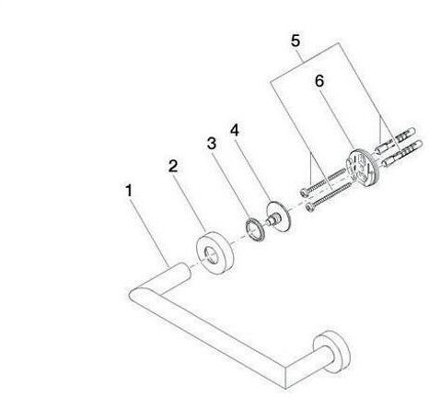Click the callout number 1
click(x=129, y=191)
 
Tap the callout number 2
click(x=173, y=166)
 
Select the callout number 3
click(x=212, y=143)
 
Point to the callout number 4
click(x=235, y=131)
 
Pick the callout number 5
click(x=296, y=41)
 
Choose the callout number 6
click(x=319, y=81)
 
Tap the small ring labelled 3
click(x=254, y=229)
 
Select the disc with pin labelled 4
click(x=278, y=217)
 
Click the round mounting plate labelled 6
click(x=363, y=167)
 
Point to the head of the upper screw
click(x=304, y=192)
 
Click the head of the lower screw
click(x=310, y=208)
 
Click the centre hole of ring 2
click(x=211, y=254)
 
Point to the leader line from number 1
click(x=149, y=232)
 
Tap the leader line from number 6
click(x=339, y=119)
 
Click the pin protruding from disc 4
click(x=271, y=220)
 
